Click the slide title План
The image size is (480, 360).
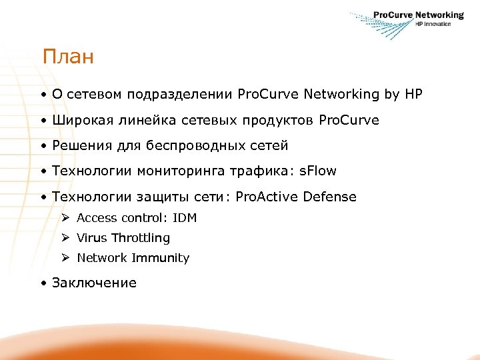click(x=67, y=57)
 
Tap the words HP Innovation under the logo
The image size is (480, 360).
click(x=433, y=24)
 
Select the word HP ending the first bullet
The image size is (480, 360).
click(x=413, y=95)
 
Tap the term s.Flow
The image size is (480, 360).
click(x=318, y=171)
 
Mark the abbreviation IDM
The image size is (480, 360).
click(x=185, y=218)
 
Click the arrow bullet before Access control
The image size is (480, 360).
click(x=65, y=217)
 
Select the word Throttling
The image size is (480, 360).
click(x=141, y=238)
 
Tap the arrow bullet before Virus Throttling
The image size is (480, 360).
click(x=65, y=237)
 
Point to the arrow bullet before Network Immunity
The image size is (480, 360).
click(x=65, y=257)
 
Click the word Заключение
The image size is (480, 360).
click(x=94, y=283)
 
